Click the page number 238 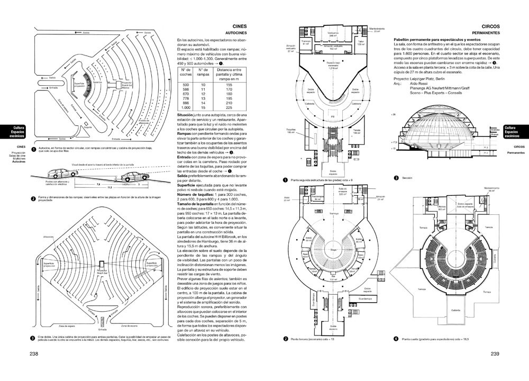coord(34,355)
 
